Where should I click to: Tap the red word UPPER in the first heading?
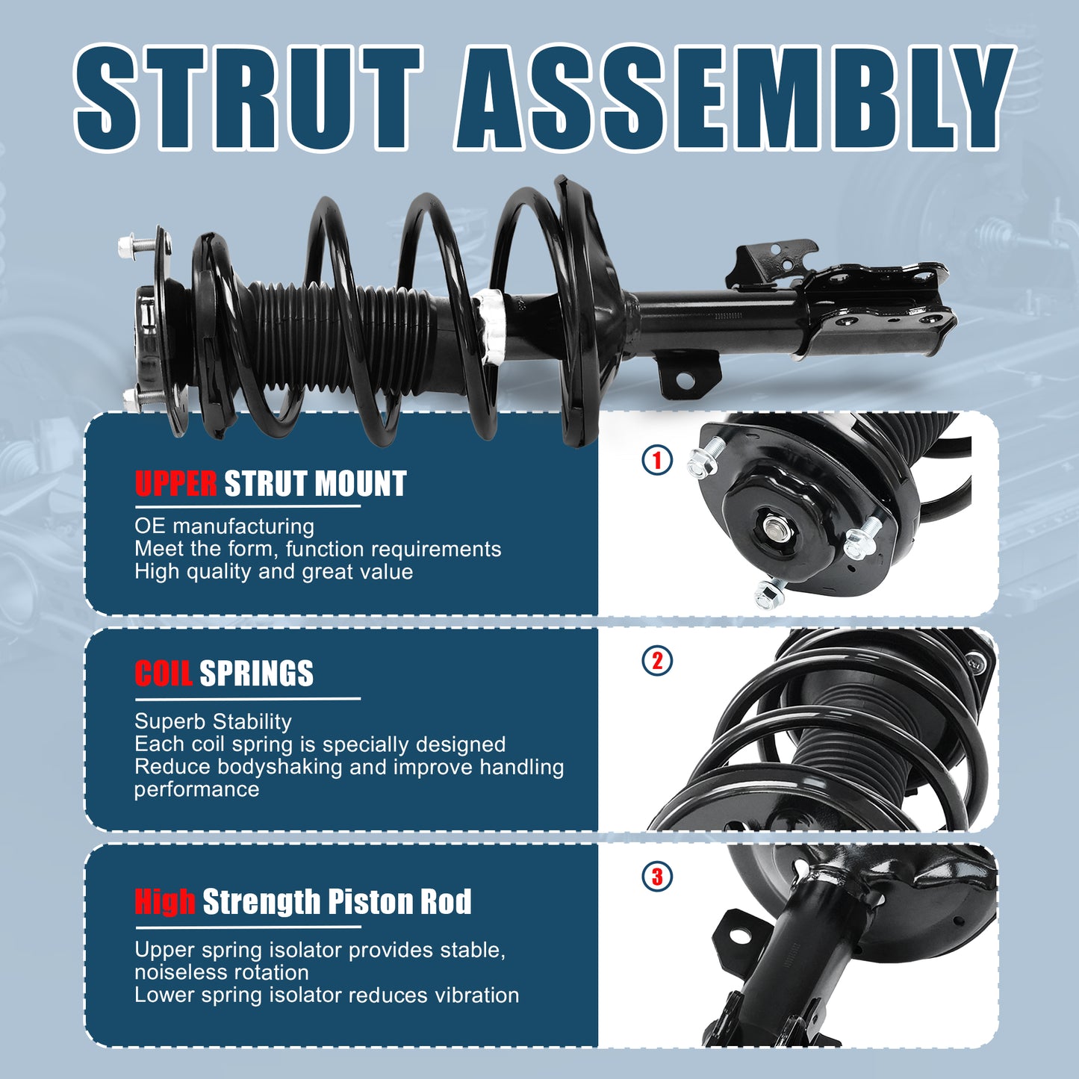click(175, 484)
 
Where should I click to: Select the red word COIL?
click(163, 673)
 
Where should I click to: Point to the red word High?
click(165, 901)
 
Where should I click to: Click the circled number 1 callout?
click(657, 460)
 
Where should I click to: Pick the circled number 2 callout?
click(657, 661)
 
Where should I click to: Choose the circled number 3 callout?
click(657, 877)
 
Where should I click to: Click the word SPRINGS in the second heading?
click(256, 673)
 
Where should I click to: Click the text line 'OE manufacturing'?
click(225, 526)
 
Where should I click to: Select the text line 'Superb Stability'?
click(213, 722)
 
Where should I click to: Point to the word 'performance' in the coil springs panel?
click(196, 790)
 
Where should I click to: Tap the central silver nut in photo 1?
click(774, 526)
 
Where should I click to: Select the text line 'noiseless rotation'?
click(222, 973)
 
